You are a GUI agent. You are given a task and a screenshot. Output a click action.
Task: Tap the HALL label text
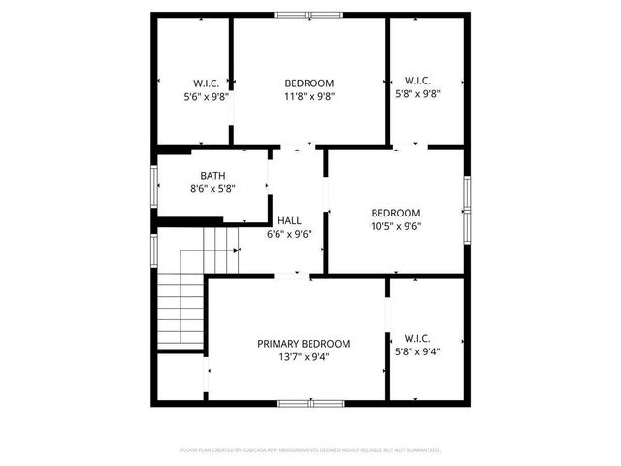(x=289, y=220)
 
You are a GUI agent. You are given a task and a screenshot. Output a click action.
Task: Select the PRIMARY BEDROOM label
(x=304, y=344)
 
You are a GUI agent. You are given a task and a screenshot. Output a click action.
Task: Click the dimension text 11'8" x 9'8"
(x=309, y=97)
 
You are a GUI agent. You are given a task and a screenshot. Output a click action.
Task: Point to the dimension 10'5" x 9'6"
(x=396, y=227)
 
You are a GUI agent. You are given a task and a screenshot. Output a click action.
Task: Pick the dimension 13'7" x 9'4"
(x=304, y=357)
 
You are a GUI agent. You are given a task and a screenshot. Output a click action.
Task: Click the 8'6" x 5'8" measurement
(x=212, y=189)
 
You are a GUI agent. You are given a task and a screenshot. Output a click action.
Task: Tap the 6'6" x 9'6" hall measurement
(x=289, y=234)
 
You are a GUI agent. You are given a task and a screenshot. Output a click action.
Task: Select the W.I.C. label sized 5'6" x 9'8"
(x=208, y=83)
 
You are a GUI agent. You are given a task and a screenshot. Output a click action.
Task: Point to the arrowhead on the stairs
(x=237, y=250)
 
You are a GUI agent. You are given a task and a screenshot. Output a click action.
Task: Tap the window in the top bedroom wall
(x=309, y=16)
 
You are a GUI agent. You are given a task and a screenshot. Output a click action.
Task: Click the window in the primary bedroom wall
(x=310, y=402)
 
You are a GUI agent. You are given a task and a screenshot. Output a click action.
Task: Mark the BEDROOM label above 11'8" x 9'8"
(x=309, y=83)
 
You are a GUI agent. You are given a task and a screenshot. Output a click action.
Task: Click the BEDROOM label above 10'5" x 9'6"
(x=396, y=214)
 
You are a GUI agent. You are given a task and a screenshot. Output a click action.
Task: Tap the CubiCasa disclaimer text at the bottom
(x=310, y=450)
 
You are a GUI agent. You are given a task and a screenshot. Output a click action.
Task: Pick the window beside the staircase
(x=155, y=247)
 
